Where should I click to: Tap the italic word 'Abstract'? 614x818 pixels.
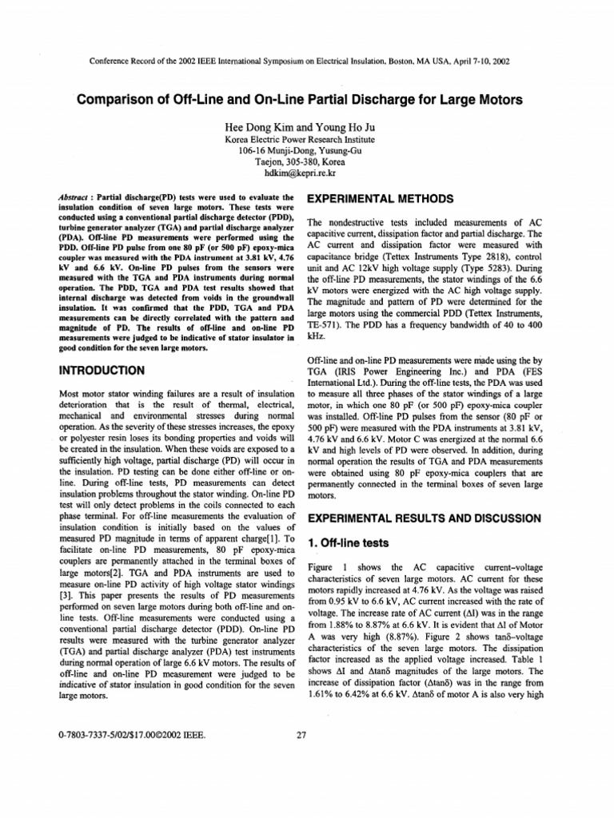coord(78,197)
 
